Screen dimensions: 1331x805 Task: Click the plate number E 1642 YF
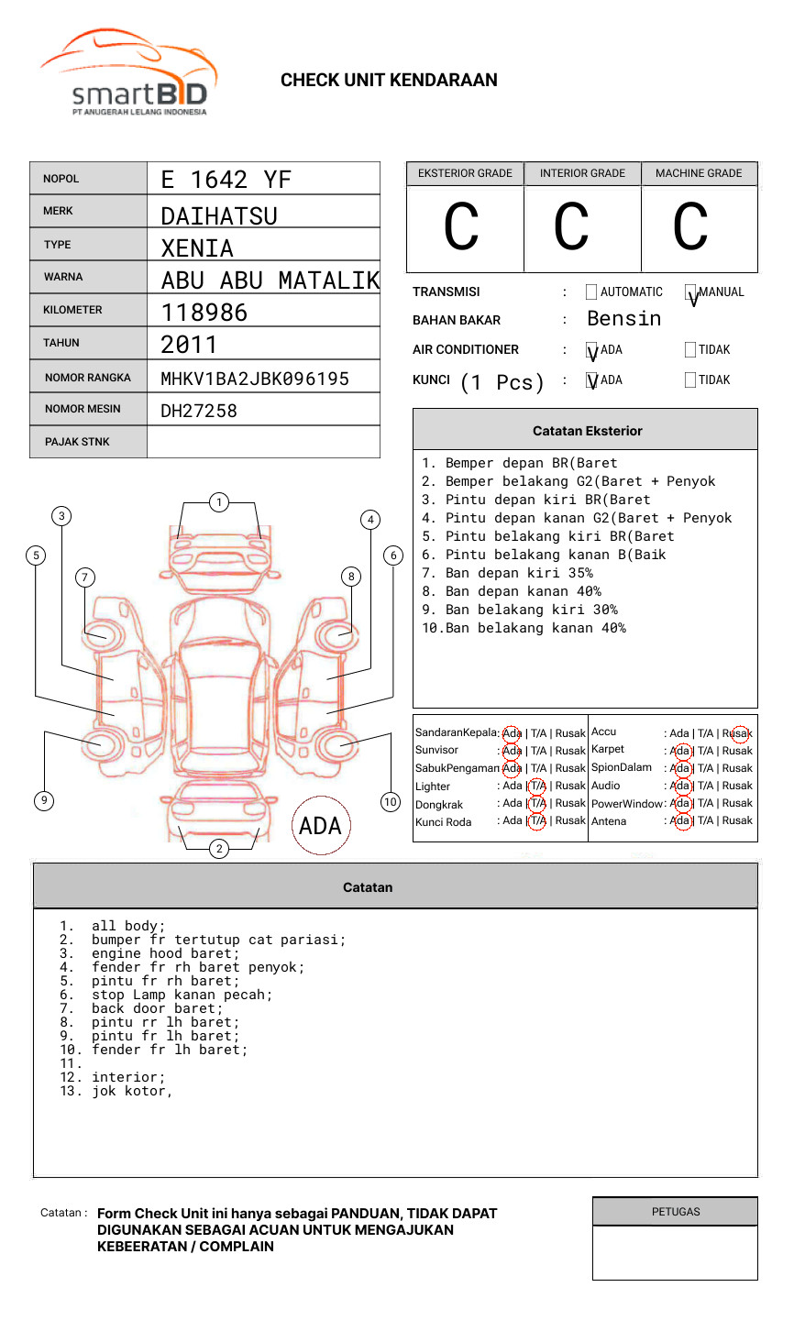click(226, 179)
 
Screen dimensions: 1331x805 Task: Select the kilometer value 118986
click(204, 313)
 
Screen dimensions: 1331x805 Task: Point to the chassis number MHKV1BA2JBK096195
click(255, 379)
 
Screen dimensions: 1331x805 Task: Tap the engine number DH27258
click(199, 411)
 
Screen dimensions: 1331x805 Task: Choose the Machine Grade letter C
click(689, 227)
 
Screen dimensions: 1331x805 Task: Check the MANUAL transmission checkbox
click(690, 292)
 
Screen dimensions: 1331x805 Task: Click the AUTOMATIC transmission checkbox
click(591, 292)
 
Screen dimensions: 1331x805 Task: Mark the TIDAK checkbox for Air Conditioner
click(690, 349)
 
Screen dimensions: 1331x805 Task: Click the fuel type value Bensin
click(623, 319)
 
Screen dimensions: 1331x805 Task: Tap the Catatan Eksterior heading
click(587, 431)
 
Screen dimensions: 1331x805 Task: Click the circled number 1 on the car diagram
click(218, 502)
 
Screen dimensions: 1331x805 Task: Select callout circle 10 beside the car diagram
click(391, 802)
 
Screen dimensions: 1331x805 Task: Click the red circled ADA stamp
click(320, 826)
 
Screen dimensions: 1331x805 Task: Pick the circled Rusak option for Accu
click(738, 733)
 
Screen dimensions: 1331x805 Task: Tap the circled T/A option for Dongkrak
click(537, 804)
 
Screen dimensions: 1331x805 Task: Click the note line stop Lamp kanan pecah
click(182, 995)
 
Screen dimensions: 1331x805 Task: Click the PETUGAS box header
click(675, 1212)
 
